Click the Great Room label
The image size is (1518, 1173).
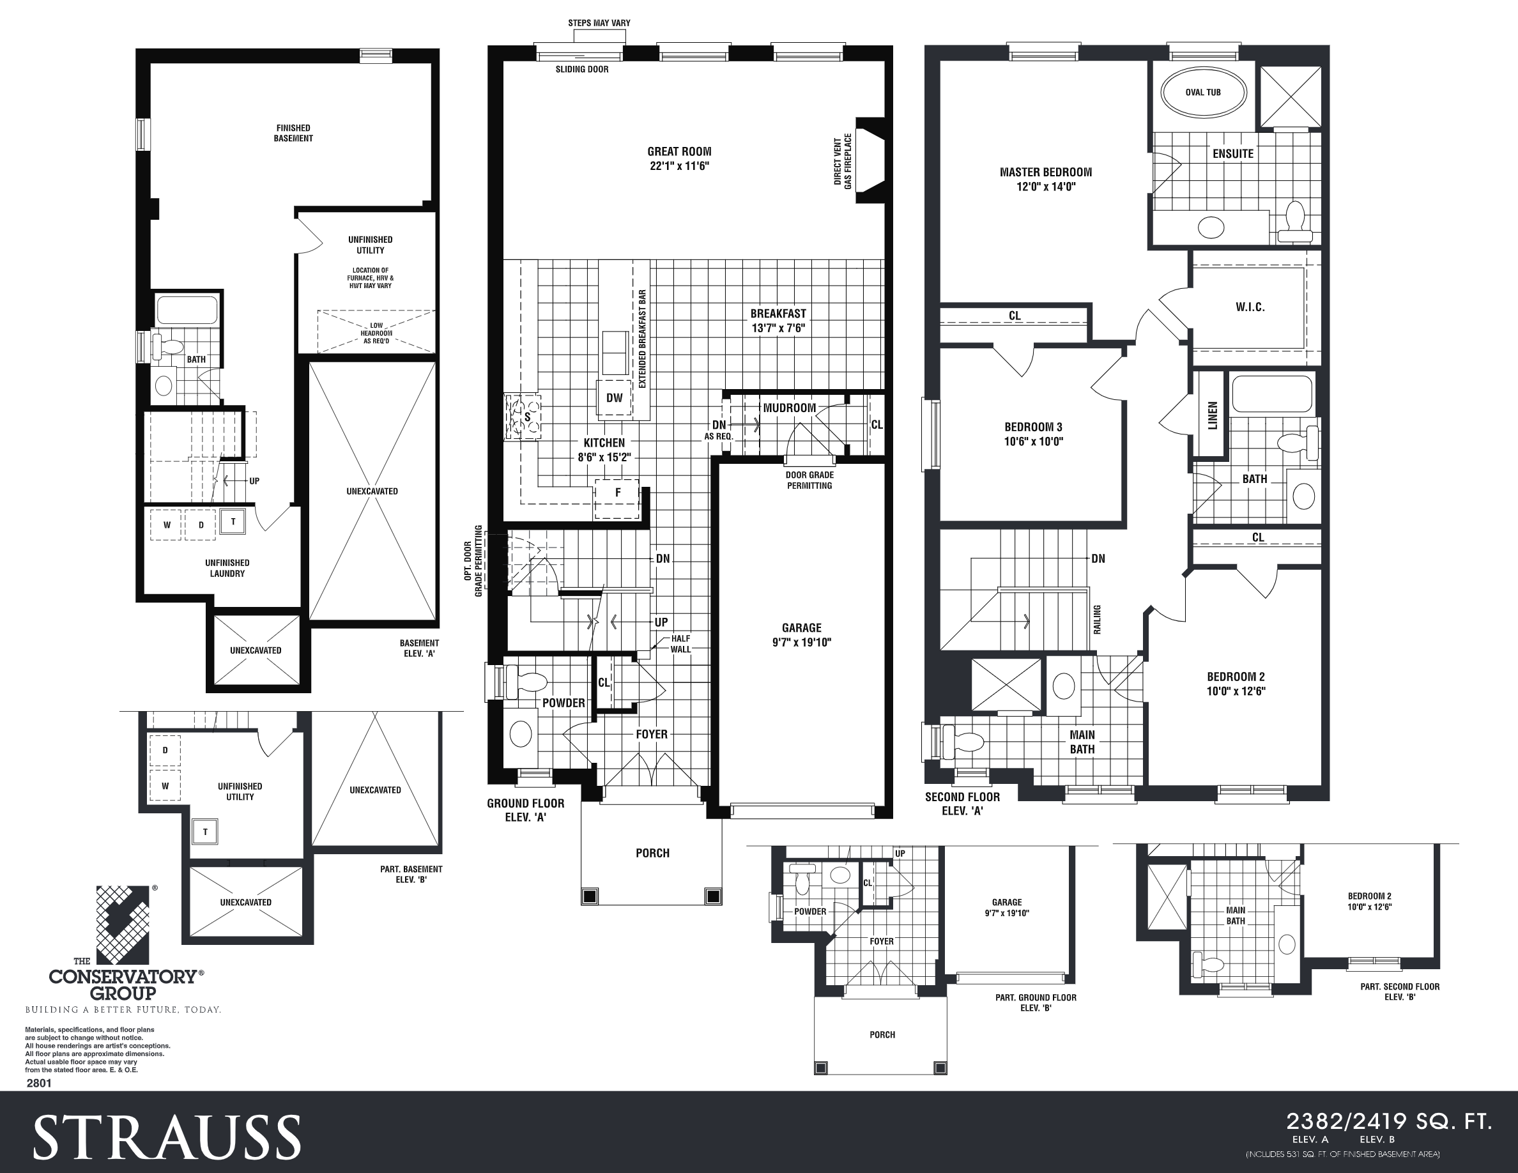(679, 151)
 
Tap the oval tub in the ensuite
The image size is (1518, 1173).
(1203, 93)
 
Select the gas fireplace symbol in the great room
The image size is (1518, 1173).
(869, 160)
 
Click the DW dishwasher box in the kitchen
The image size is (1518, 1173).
(615, 398)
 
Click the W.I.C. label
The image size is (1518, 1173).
(1250, 307)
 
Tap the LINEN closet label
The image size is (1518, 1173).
(1213, 415)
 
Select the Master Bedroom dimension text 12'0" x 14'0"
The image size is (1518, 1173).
(1045, 187)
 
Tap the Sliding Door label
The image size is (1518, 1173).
(582, 70)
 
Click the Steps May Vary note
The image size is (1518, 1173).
(599, 23)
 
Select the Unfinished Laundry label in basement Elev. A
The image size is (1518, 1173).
(227, 569)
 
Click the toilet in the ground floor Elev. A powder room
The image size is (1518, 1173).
(527, 681)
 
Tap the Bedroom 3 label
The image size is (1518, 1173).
(1033, 427)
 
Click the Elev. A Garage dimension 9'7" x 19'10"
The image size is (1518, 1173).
(801, 643)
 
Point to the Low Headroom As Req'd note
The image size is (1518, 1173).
(376, 333)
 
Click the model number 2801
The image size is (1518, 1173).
(39, 1083)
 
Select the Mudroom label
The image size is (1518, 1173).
(789, 408)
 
